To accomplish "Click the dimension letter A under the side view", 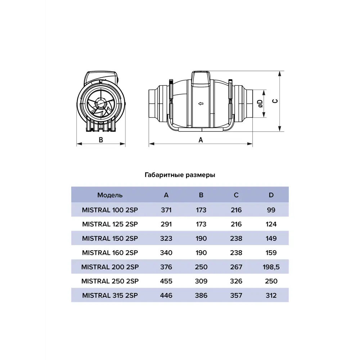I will tap(201, 140).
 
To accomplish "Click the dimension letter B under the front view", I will tap(101, 140).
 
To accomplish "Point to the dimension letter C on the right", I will tap(275, 102).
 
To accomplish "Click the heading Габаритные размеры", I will tap(180, 175).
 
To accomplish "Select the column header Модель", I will tap(110, 195).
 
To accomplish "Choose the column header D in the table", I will tap(271, 195).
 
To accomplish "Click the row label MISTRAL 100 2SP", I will tap(110, 210).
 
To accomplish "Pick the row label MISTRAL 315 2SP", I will tap(110, 296).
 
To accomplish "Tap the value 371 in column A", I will tap(166, 210).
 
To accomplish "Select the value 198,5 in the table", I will tap(271, 267).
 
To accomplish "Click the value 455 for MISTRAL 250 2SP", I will tap(166, 281).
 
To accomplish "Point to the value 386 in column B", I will tap(201, 296).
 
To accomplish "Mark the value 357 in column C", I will tap(236, 296).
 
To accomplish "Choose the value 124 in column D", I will tap(271, 224).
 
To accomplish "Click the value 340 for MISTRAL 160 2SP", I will tap(166, 253).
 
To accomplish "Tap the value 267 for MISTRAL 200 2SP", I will tap(236, 267).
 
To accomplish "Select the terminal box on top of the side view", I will tap(201, 78).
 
